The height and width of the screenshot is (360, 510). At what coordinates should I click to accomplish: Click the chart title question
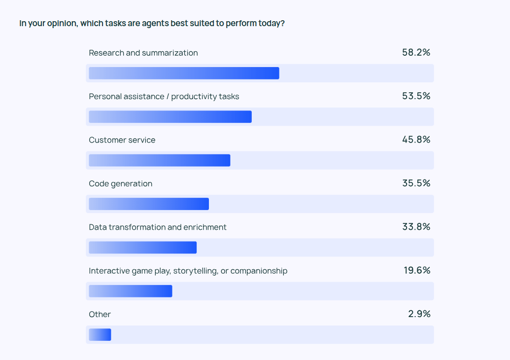(152, 23)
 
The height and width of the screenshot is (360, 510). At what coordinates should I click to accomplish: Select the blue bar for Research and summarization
(184, 73)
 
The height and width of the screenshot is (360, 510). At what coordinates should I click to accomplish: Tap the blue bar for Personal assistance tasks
(170, 117)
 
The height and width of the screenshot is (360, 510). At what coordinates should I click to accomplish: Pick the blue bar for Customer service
(159, 160)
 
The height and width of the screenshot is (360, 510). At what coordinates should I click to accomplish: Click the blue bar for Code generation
(149, 204)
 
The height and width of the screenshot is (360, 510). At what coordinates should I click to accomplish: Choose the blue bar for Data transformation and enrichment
(142, 248)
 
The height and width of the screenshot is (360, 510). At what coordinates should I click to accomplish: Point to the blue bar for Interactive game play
(130, 291)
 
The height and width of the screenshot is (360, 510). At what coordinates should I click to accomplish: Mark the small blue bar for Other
(100, 335)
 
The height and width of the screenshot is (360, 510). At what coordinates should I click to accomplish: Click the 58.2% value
(416, 52)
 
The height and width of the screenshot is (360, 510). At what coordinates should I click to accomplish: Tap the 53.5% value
(416, 96)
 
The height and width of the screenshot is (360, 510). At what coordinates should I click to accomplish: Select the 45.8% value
(416, 140)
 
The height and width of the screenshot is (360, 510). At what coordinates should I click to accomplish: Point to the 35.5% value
(416, 183)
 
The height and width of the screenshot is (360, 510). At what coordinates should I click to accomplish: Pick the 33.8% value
(416, 226)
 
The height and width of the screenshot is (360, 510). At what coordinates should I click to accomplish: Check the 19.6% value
(417, 270)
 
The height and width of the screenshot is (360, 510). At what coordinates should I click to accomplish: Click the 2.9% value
(419, 314)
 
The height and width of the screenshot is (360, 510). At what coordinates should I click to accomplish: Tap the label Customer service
(122, 140)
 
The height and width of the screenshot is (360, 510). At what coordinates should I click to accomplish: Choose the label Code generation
(121, 183)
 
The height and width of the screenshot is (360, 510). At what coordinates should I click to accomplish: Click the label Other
(100, 314)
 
